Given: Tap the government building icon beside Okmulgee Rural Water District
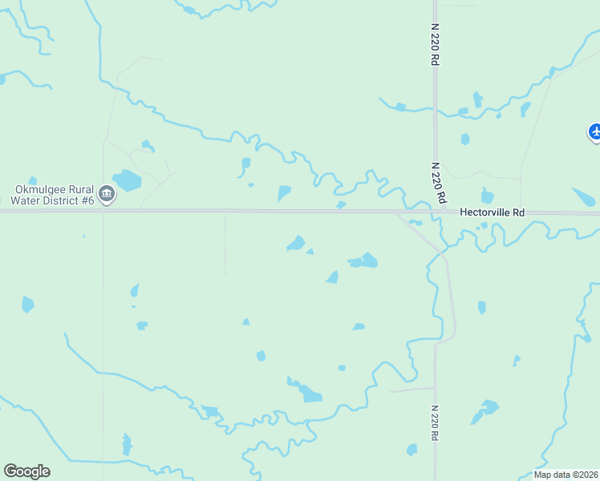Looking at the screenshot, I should coord(107,194).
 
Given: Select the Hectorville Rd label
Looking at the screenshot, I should coord(492,212).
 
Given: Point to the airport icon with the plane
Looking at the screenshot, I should coord(595,131).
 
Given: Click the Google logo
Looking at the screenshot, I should coord(26,471).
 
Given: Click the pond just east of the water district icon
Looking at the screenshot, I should coord(128,180).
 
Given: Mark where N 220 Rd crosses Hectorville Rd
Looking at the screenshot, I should coord(435,212).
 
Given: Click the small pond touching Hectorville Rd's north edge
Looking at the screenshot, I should coord(341,205).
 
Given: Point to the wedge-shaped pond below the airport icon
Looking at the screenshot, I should coord(583,196).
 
